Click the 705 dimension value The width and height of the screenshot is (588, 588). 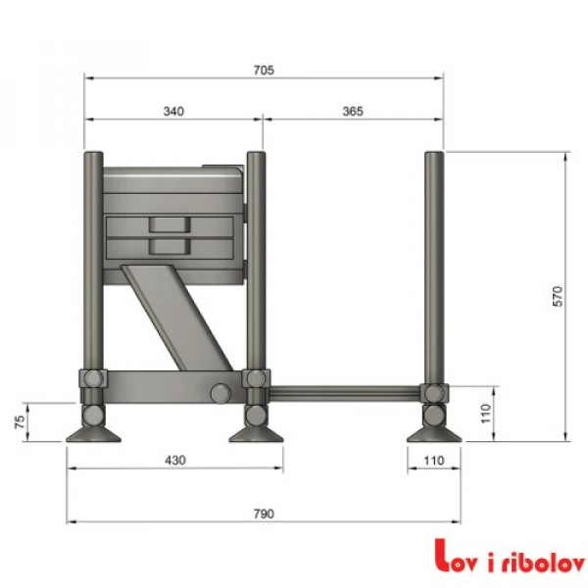pos(263,70)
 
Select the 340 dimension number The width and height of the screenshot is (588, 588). pos(172,112)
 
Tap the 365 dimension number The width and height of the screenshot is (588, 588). pos(352,112)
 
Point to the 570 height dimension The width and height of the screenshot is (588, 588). pos(558,297)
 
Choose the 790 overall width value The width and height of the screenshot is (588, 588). pos(263,514)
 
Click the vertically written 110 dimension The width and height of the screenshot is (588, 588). pos(484,413)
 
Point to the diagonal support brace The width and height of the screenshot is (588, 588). pos(174,316)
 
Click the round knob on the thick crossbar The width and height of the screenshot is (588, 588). pos(220,393)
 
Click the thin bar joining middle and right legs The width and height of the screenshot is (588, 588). pos(343,393)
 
